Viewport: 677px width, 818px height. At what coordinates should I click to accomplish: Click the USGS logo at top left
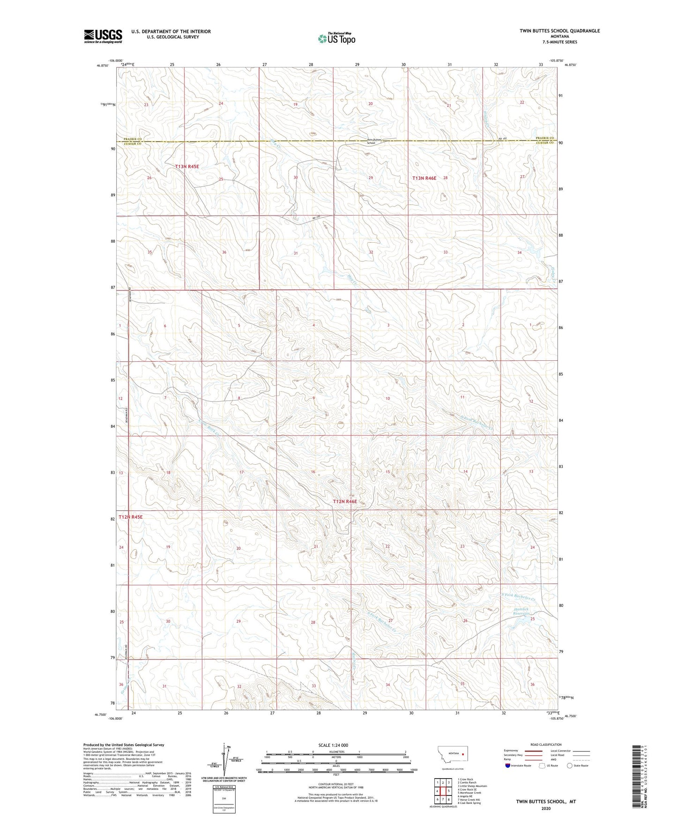(103, 36)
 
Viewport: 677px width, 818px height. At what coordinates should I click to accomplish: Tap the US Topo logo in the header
(336, 38)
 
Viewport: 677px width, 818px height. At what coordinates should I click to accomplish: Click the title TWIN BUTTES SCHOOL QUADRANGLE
(559, 31)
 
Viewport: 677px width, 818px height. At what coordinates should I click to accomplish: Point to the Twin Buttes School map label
(375, 141)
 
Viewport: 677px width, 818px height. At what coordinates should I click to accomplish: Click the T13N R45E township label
(187, 166)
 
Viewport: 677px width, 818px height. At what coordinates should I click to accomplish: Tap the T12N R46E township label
(345, 501)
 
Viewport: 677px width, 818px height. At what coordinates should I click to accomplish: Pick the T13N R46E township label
(424, 178)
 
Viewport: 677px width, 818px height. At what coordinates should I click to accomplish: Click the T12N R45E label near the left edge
(130, 517)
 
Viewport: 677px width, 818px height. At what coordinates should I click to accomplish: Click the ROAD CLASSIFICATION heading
(546, 744)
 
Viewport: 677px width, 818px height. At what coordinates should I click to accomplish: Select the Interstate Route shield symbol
(508, 766)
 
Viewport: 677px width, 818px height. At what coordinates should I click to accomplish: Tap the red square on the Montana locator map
(463, 755)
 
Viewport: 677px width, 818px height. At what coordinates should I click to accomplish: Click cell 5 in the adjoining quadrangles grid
(448, 791)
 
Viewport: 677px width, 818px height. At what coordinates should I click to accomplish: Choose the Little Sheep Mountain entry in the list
(472, 786)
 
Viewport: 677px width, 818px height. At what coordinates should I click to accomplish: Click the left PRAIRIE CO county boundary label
(133, 139)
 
